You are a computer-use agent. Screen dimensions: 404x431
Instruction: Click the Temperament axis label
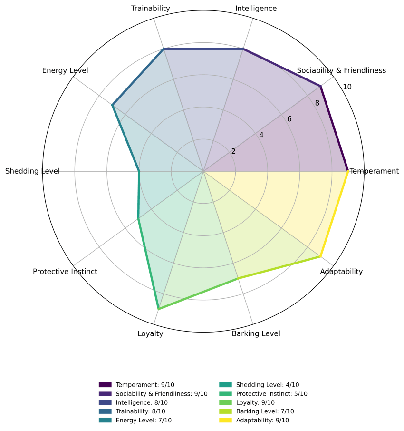click(375, 171)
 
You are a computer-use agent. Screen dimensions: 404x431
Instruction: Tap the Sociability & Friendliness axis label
click(341, 70)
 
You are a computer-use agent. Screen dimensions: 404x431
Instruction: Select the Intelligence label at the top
click(256, 9)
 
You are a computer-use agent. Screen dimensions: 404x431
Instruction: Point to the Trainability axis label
click(151, 9)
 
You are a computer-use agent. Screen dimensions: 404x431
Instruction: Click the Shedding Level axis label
click(32, 171)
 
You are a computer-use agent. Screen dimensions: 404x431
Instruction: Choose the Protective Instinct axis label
click(65, 272)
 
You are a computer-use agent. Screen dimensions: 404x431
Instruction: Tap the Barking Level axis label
click(256, 333)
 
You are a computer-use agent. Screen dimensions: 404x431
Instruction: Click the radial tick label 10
click(347, 87)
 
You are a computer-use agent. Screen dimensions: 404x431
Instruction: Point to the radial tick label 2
click(233, 151)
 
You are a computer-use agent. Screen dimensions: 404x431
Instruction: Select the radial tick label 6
click(289, 119)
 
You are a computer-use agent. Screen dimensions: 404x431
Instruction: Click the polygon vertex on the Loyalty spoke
click(158, 309)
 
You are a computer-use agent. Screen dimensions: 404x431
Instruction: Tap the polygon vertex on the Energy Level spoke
click(112, 105)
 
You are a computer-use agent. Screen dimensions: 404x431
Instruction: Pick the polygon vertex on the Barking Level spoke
click(238, 278)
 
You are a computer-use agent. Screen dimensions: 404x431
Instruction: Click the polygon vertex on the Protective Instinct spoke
click(138, 218)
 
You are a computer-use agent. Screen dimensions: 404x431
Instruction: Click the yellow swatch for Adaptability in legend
click(225, 420)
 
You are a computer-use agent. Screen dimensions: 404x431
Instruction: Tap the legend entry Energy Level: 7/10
click(135, 420)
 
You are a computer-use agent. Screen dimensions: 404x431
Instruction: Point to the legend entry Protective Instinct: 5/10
click(263, 393)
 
